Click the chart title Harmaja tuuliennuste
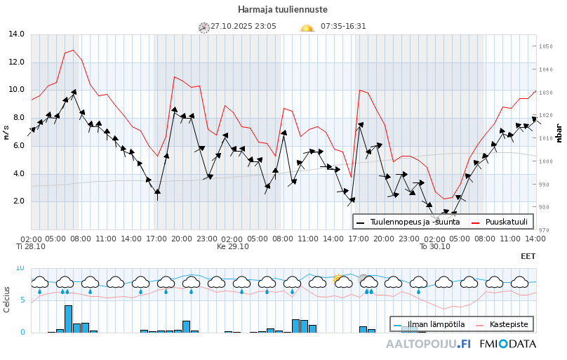(x=282, y=9)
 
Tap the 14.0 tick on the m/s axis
(x=16, y=34)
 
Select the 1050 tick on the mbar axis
(x=546, y=46)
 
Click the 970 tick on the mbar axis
(x=545, y=229)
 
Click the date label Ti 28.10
(x=31, y=247)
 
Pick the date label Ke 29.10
(x=232, y=247)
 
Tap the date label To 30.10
(x=434, y=247)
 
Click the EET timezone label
(x=528, y=257)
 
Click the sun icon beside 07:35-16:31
(x=307, y=27)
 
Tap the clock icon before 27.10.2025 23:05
(x=204, y=27)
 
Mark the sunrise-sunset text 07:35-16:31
(x=343, y=27)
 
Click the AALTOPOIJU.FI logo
(x=428, y=345)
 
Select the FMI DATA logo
(x=508, y=345)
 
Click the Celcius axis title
(x=6, y=300)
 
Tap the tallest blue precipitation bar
(x=68, y=319)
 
